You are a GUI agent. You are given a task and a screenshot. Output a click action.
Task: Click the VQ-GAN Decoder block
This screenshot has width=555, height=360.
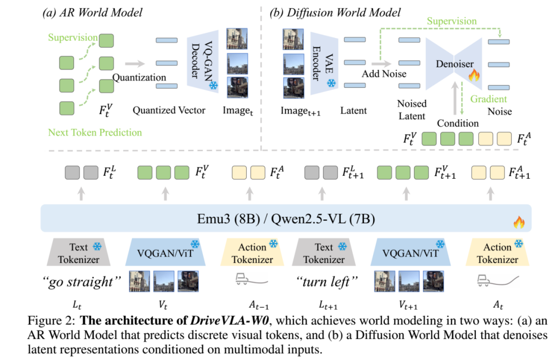202,62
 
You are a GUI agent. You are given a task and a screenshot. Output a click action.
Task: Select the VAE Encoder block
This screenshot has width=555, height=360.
324,63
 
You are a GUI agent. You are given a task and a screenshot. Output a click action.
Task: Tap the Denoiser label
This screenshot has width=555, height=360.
454,64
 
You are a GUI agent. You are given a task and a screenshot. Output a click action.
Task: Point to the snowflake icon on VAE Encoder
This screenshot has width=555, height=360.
331,84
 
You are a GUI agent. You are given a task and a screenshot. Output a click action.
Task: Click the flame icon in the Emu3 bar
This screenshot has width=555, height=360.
519,222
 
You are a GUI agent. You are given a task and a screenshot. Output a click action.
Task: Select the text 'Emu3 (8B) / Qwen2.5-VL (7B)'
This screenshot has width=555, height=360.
286,219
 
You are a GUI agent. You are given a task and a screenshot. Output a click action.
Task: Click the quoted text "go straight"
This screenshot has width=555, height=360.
82,282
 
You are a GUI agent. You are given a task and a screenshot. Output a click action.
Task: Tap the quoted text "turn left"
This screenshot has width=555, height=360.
327,282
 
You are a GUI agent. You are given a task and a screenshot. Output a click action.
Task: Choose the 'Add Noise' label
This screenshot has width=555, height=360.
384,74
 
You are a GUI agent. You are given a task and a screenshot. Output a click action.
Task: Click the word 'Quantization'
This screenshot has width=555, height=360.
139,78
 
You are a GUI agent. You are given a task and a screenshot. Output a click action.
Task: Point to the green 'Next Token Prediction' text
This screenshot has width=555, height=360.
95,132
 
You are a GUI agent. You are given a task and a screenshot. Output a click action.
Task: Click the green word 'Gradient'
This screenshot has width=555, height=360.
489,99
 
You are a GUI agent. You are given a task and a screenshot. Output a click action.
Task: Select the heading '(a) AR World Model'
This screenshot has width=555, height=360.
92,13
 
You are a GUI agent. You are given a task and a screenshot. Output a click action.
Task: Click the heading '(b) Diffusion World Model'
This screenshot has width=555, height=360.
335,13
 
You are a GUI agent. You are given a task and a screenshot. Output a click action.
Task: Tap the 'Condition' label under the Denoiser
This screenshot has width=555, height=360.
458,123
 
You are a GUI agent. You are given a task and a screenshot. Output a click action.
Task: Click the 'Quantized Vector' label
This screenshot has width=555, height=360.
169,110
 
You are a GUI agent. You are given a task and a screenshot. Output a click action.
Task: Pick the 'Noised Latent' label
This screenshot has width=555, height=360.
412,109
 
